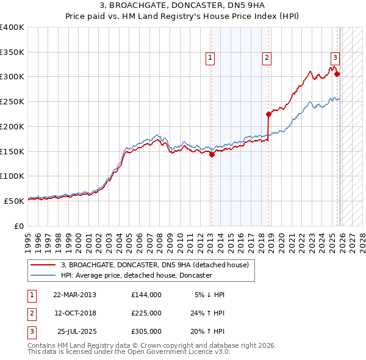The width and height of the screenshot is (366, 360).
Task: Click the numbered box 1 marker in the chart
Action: pos(210,58)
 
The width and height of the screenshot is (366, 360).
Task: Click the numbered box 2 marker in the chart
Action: pos(267,58)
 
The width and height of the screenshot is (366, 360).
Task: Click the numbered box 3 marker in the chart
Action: pos(335,58)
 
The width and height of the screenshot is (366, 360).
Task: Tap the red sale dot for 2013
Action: pos(212,154)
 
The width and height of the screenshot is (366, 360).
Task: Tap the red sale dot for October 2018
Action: pos(268,114)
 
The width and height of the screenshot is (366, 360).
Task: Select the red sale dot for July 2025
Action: pos(337,74)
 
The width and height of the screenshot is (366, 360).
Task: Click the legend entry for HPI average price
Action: pos(136,275)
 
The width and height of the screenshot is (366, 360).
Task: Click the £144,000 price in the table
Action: pos(146,295)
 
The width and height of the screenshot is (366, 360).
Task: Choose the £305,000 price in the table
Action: pos(146,331)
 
